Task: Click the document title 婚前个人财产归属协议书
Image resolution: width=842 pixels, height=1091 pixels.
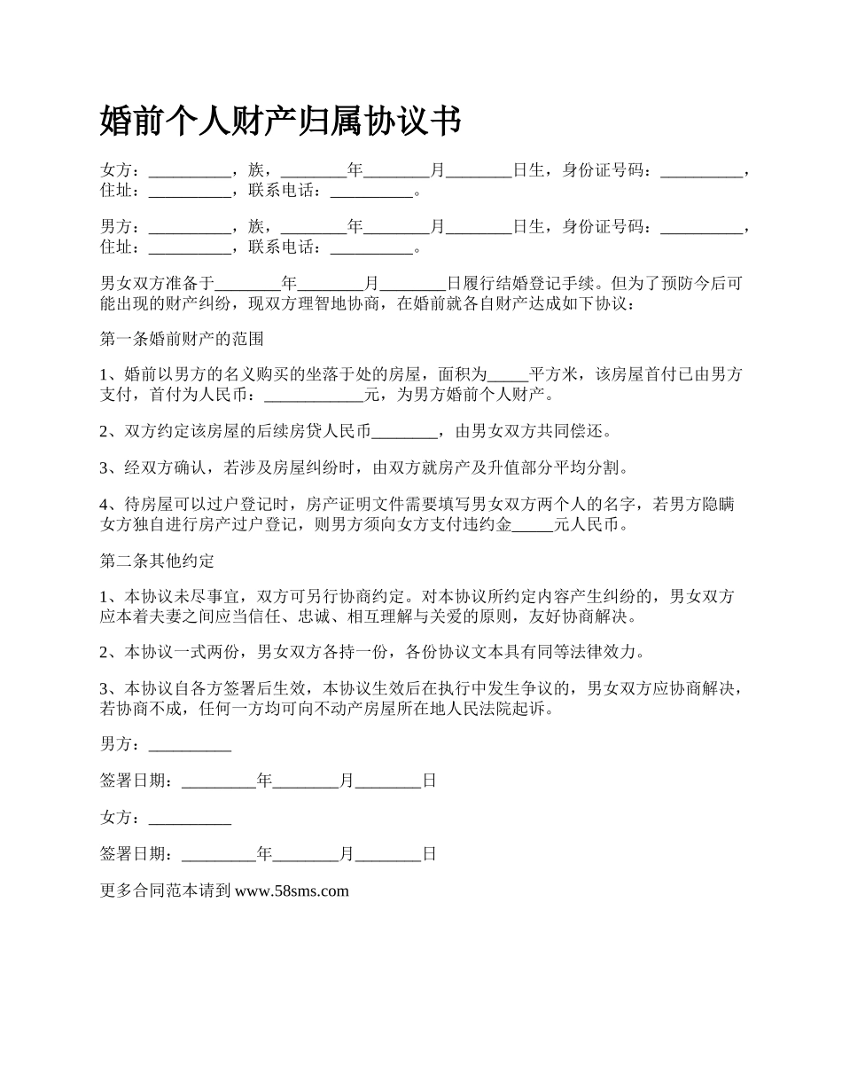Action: pos(281,122)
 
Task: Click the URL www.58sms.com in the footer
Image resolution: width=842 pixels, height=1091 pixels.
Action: pos(292,891)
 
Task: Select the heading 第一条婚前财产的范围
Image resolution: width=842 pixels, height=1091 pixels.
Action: pos(182,339)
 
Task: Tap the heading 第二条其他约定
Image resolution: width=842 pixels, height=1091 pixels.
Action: pos(158,561)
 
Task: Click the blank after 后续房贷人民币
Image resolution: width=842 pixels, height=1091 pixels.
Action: pos(404,433)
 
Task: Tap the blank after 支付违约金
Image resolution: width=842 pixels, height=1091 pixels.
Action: pos(533,525)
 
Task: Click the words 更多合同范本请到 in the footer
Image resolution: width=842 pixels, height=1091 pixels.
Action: pos(166,891)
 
